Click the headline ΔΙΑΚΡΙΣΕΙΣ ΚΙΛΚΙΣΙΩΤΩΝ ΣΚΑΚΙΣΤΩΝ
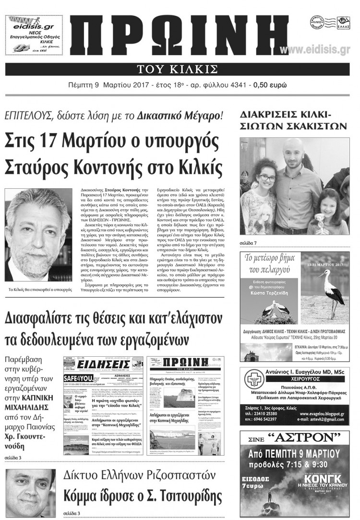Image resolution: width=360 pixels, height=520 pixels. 293,121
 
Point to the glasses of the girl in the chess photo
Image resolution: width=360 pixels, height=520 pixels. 267,178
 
